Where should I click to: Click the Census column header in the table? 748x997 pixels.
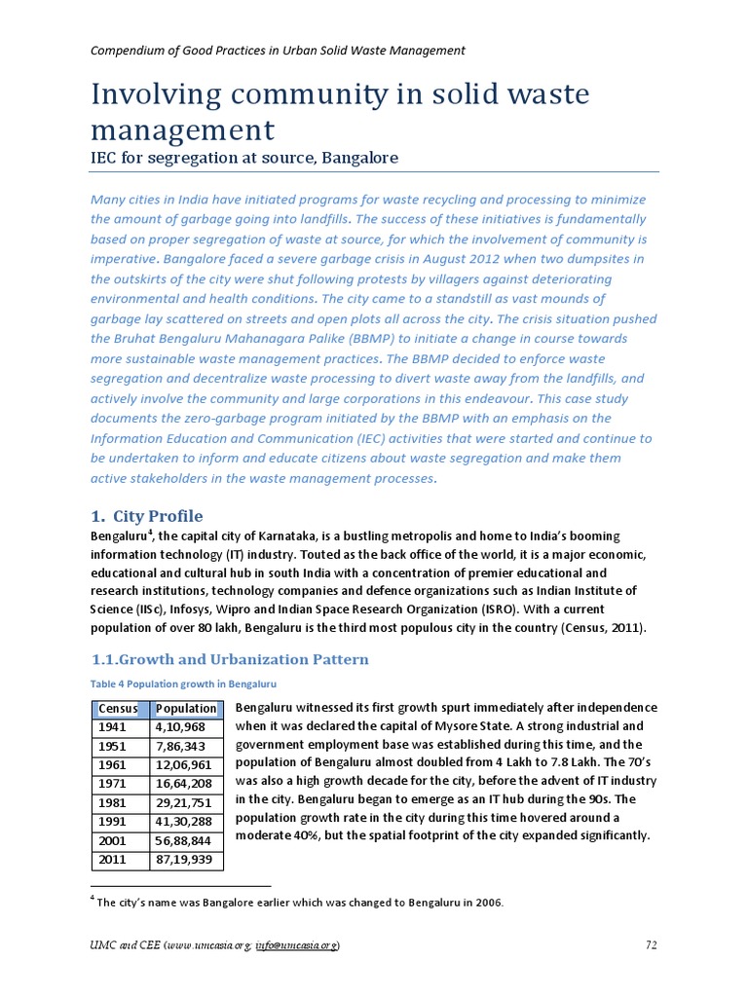[118, 708]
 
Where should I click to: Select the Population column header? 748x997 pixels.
[186, 708]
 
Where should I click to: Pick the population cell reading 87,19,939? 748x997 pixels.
[185, 861]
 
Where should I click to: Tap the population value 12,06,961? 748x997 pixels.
[185, 765]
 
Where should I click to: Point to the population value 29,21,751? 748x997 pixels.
[185, 803]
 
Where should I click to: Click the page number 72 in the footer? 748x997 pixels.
[652, 945]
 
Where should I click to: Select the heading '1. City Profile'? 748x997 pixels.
[147, 516]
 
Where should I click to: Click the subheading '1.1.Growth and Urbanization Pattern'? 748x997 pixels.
[230, 659]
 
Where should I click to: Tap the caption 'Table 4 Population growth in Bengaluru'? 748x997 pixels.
[184, 684]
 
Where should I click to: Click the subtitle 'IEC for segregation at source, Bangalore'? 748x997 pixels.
[244, 158]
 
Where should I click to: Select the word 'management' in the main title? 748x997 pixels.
[183, 129]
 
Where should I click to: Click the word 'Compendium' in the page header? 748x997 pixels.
[128, 51]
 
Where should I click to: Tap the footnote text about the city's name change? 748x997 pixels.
[298, 903]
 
